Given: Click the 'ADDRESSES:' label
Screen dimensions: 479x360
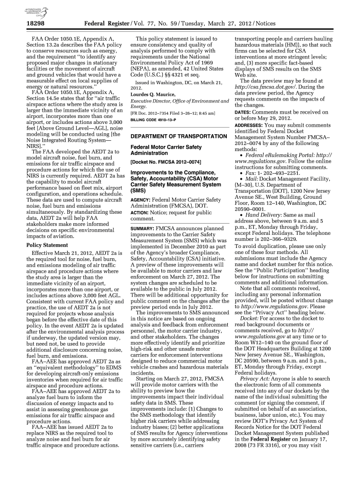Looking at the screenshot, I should pos(250,125).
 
